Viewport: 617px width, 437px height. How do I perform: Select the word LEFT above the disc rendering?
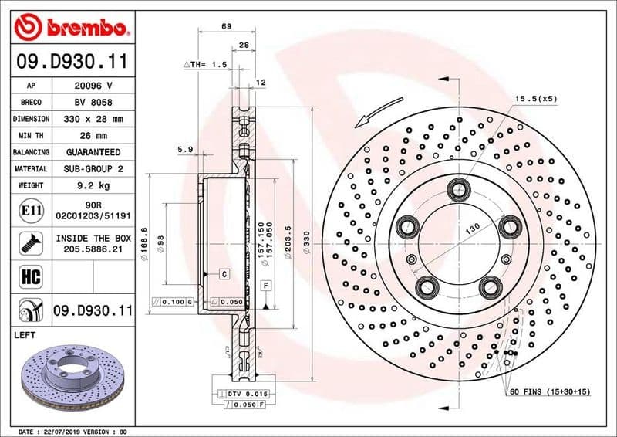26,335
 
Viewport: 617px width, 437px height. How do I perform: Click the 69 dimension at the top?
226,27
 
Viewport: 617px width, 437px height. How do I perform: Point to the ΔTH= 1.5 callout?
204,65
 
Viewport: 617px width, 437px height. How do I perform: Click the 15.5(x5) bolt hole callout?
535,100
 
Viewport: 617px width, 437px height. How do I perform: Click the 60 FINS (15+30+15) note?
548,392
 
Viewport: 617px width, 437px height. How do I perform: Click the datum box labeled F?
265,286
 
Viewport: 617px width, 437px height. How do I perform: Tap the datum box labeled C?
224,274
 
